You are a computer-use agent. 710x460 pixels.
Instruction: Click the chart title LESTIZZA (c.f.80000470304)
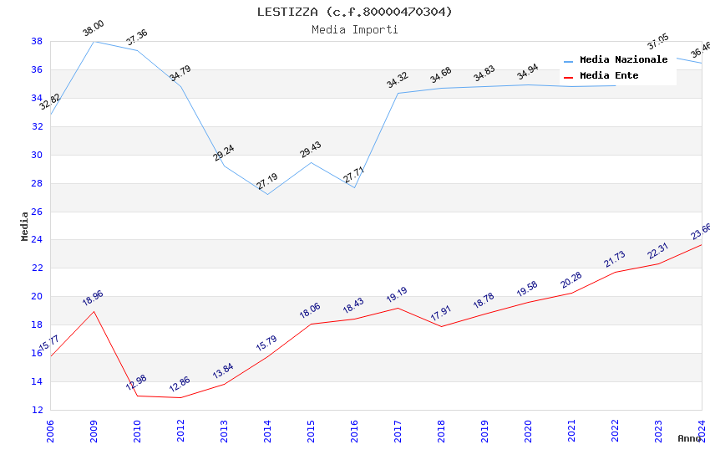click(355, 12)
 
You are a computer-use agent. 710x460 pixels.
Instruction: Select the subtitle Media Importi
click(355, 29)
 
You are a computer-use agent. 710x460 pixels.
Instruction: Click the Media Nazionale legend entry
click(623, 60)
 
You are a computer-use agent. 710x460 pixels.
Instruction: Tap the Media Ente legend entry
click(609, 76)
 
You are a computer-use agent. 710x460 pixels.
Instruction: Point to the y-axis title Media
click(25, 226)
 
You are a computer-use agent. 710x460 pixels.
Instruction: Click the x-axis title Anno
click(689, 438)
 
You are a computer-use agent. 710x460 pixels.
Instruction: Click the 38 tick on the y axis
click(38, 41)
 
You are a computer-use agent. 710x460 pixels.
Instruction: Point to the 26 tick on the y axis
click(38, 212)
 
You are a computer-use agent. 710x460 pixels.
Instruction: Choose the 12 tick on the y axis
click(38, 410)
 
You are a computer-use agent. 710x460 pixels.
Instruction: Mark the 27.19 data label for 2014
click(267, 181)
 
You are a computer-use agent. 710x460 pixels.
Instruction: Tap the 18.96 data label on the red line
click(94, 299)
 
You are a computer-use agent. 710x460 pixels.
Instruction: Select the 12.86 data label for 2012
click(180, 385)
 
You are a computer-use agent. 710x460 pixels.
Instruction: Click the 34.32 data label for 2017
click(398, 80)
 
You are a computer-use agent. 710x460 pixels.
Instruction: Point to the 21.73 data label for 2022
click(615, 259)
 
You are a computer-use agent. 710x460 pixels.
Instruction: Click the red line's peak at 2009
click(94, 311)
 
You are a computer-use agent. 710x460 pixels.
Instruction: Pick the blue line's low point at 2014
click(267, 194)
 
